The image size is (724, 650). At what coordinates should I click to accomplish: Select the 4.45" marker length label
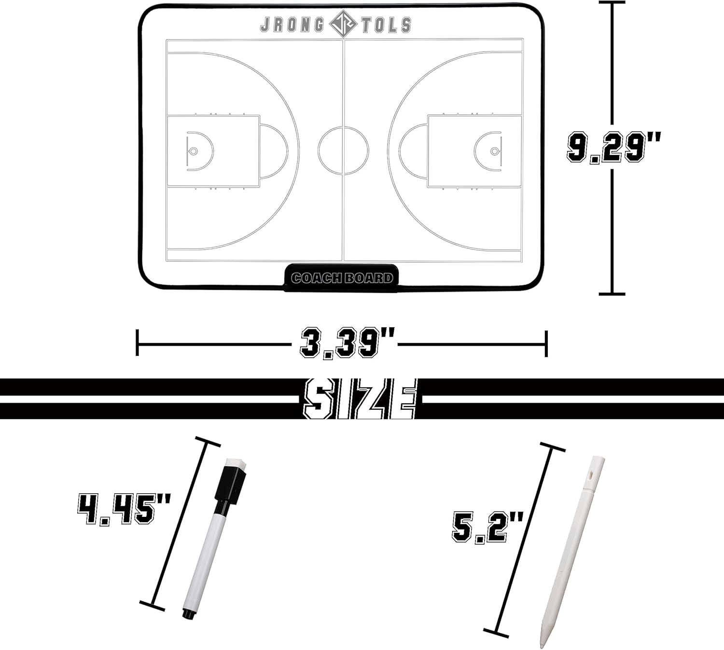[x=124, y=509]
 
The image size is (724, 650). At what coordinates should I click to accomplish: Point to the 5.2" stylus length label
[x=487, y=527]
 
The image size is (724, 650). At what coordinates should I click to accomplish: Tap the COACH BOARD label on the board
[x=342, y=278]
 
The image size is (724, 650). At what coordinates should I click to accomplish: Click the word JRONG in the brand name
[x=292, y=25]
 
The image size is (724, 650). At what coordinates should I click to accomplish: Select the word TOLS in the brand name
[x=386, y=25]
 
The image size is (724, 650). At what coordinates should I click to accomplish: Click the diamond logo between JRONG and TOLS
[x=343, y=24]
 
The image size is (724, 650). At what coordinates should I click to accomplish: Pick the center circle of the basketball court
[x=343, y=151]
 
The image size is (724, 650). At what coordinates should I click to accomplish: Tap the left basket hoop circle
[x=194, y=151]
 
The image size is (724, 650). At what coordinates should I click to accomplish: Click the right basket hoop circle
[x=494, y=151]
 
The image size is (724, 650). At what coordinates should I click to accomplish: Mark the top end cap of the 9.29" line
[x=612, y=2]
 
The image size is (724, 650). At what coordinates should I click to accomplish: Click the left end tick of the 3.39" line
[x=138, y=343]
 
